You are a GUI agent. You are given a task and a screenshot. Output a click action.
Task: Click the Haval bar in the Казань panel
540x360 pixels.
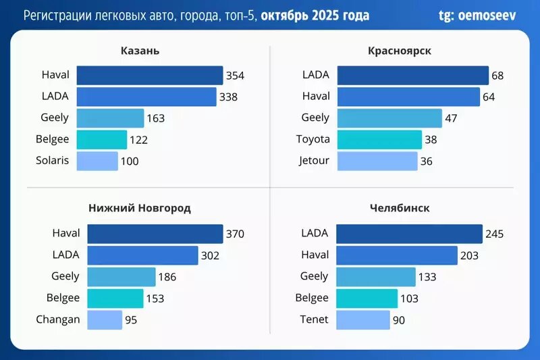click(x=149, y=75)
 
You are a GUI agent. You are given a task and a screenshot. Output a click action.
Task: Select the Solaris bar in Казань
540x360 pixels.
click(x=97, y=161)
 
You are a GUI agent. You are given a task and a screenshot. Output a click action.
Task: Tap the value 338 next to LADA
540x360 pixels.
click(x=228, y=97)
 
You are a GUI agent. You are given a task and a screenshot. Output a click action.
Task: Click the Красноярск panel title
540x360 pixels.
click(x=400, y=51)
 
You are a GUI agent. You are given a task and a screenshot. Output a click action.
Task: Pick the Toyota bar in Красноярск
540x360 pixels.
click(x=379, y=139)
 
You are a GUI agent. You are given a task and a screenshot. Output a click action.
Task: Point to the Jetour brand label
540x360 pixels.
click(x=315, y=161)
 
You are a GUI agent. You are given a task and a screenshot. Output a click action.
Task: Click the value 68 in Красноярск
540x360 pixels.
click(x=498, y=75)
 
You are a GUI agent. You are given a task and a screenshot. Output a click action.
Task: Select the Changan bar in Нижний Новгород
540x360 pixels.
click(x=105, y=319)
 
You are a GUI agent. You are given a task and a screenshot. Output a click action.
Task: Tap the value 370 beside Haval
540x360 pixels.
click(x=235, y=234)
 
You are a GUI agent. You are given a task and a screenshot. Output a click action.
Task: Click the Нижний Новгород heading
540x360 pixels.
click(x=140, y=208)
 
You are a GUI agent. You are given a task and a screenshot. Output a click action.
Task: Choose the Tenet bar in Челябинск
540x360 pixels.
click(x=362, y=319)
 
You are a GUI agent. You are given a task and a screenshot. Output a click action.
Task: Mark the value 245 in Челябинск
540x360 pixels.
click(x=495, y=234)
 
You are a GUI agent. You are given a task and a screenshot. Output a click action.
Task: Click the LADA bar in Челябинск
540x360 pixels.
click(x=409, y=234)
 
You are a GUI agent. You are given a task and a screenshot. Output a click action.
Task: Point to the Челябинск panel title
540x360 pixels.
click(x=400, y=208)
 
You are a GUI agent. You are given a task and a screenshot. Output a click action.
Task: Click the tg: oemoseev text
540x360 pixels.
click(x=477, y=15)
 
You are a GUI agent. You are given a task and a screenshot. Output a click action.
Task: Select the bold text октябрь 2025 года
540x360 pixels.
click(x=315, y=15)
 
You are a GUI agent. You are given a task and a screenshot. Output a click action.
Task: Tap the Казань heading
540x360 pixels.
click(x=140, y=51)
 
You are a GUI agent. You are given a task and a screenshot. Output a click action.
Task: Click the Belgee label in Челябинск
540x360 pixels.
click(x=312, y=298)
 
